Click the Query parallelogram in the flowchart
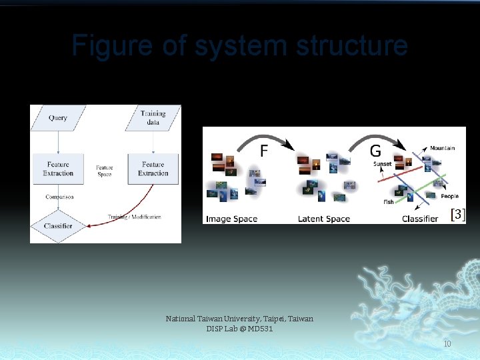(x=58, y=118)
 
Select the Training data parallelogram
(x=153, y=118)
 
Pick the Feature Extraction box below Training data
(x=153, y=169)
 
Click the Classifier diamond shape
(x=58, y=226)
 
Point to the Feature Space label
(x=105, y=171)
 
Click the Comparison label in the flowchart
(x=59, y=197)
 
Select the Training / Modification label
(x=135, y=217)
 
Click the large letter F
(x=264, y=151)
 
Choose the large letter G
(x=375, y=151)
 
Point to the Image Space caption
(x=231, y=219)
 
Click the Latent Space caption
(x=324, y=219)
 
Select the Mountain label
(x=442, y=148)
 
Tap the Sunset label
(x=383, y=164)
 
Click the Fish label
(x=388, y=202)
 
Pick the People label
(x=449, y=197)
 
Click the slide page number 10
(x=447, y=344)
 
